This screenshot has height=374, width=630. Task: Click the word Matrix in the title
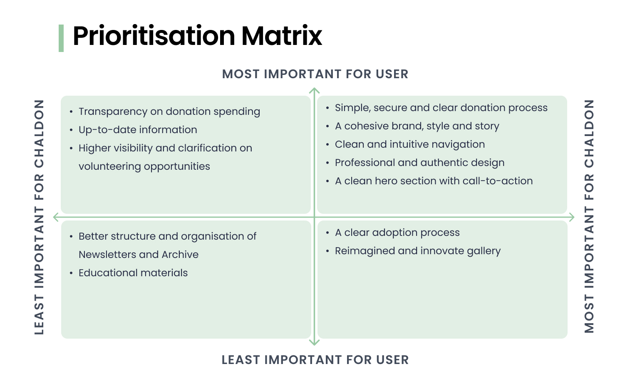coord(282,36)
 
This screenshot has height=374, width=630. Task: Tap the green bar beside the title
coord(61,38)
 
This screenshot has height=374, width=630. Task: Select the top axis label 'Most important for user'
coord(315,74)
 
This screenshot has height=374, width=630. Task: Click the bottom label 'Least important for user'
coord(315,360)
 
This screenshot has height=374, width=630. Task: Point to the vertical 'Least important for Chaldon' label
coord(40,217)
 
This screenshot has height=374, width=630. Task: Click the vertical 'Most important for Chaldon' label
coord(589,216)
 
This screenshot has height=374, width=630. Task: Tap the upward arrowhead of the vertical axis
coord(314,91)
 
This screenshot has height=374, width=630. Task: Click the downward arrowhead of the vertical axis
coord(314,342)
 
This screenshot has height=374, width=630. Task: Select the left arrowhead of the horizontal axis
coord(56,217)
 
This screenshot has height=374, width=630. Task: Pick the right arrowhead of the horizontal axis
coord(571,217)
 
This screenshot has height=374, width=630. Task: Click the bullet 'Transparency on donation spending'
coord(169,111)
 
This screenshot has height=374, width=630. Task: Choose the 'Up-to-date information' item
coord(138,130)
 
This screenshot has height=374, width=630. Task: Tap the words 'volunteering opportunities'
coord(144,166)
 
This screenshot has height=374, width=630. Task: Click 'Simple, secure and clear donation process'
coord(441,108)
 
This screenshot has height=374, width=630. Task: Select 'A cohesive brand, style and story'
coord(417,126)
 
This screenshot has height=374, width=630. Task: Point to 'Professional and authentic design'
coord(419,163)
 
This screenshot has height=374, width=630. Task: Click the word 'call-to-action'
coord(498,181)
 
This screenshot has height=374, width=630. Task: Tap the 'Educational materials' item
coord(133,273)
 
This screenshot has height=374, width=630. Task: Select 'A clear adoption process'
coord(397,233)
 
